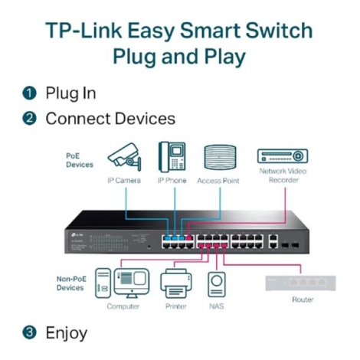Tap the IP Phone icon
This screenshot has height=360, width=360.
(x=172, y=156)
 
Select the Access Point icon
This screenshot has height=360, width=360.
(x=220, y=156)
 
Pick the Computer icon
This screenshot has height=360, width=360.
(x=117, y=283)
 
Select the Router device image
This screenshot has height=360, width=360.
(x=301, y=283)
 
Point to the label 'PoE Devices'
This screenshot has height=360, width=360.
(x=79, y=159)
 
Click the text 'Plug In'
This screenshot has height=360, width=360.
(x=70, y=93)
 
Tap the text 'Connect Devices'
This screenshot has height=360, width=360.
(x=110, y=119)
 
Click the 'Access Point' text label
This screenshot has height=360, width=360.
(x=220, y=180)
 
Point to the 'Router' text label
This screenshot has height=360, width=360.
(x=302, y=299)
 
